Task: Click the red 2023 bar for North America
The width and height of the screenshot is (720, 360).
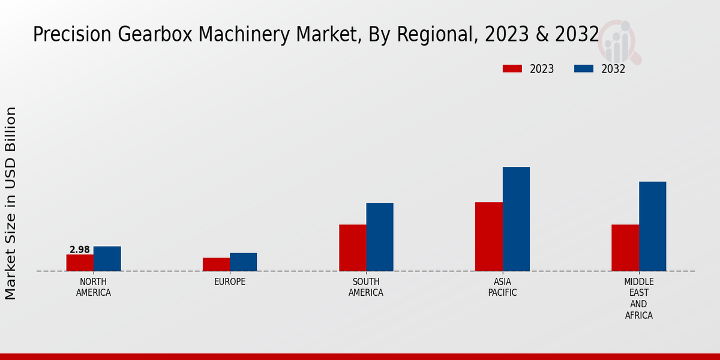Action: tap(80, 263)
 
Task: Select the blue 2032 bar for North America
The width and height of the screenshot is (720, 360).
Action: tap(107, 259)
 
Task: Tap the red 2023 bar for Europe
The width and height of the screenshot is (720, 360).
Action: tap(216, 265)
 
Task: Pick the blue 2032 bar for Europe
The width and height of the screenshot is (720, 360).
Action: tap(243, 262)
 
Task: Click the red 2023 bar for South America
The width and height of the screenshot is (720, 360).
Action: tap(352, 248)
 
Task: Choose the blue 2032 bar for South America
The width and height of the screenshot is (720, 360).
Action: tap(380, 237)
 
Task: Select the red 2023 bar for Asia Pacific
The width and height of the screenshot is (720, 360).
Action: tap(488, 237)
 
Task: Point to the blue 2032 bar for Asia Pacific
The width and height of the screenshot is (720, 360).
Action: tap(516, 219)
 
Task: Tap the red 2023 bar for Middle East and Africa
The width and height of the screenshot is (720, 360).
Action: tap(625, 248)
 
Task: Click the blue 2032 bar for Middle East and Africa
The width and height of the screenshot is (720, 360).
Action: tap(652, 226)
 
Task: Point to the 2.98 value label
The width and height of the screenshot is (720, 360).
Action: tap(80, 250)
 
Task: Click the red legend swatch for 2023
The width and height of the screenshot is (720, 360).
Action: tap(512, 68)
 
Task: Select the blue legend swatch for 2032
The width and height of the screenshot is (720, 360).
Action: tap(583, 68)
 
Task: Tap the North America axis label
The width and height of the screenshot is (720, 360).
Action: tap(93, 287)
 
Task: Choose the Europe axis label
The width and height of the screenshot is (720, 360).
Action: tap(230, 282)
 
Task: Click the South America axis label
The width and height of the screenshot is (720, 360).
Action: tap(366, 287)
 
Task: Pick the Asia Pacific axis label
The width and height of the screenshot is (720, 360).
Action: tap(502, 287)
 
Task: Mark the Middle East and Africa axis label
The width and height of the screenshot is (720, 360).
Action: tap(638, 299)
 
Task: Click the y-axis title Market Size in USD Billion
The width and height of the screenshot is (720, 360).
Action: tap(11, 203)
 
